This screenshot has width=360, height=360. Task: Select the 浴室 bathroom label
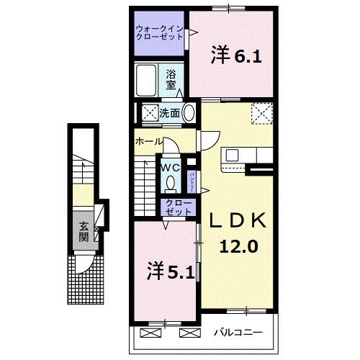tap(171, 78)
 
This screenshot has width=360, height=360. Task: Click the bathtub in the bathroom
tap(150, 81)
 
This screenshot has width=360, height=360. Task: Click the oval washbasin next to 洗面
tap(189, 113)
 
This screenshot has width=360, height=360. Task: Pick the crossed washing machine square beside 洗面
tap(149, 113)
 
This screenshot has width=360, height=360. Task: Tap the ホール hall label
tap(148, 142)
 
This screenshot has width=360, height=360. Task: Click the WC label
tap(170, 167)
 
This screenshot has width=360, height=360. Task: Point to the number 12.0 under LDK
tap(238, 246)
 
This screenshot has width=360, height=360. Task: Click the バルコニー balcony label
tap(238, 333)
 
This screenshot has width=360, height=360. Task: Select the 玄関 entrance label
tap(84, 231)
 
